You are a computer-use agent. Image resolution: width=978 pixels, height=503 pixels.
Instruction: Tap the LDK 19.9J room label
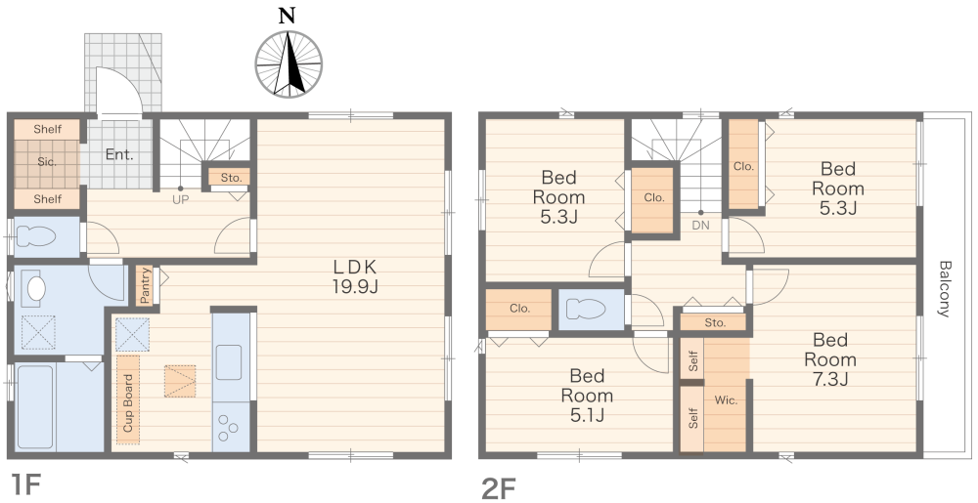[355, 276]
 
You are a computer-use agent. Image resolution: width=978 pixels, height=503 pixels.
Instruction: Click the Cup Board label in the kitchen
[128, 402]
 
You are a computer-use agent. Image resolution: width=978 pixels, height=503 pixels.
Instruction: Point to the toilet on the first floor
[37, 237]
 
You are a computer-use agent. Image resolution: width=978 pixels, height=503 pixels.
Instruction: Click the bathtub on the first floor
[35, 406]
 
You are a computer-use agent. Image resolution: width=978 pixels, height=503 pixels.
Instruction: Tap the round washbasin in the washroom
[36, 288]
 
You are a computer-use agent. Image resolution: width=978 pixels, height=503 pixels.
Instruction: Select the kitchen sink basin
[229, 362]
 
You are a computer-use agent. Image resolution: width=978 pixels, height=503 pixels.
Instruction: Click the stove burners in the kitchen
[229, 427]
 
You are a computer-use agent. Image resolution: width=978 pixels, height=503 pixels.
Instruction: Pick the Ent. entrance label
[119, 155]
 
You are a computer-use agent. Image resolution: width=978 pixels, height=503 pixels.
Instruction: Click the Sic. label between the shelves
[47, 162]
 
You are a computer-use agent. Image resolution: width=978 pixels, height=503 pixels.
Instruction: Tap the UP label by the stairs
[180, 200]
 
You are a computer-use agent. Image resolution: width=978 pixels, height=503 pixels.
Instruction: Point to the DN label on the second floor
[700, 226]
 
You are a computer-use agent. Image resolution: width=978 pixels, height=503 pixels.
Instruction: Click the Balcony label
[945, 289]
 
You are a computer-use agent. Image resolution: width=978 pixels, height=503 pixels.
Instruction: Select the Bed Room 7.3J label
[830, 359]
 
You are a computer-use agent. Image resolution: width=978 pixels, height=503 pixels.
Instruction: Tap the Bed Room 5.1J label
[587, 396]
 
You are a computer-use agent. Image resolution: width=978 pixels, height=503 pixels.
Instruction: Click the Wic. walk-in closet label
[726, 400]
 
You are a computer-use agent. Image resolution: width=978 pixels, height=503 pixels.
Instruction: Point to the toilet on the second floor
[586, 310]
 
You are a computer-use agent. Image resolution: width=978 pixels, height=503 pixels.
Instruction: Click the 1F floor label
[25, 485]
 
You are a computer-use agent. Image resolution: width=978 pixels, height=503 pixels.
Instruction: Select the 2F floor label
[499, 488]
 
